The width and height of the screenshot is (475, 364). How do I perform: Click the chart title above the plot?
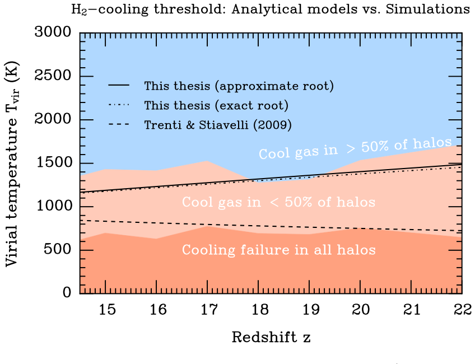click(271, 9)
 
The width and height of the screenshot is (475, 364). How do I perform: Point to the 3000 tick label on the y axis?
click(53, 32)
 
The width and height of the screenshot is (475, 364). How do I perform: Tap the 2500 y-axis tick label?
click(53, 76)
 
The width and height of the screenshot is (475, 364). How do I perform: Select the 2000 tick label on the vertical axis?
click(53, 119)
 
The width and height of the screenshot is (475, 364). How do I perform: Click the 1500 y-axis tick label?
click(54, 162)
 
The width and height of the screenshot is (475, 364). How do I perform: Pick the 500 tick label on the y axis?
click(58, 250)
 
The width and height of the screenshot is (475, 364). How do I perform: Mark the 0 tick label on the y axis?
click(67, 292)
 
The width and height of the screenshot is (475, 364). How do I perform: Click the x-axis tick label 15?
click(107, 310)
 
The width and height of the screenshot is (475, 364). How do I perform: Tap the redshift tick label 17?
click(209, 310)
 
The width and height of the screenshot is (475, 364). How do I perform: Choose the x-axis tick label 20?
click(361, 310)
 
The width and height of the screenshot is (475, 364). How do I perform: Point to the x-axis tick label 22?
click(463, 310)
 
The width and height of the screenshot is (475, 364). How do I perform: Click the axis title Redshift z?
click(271, 337)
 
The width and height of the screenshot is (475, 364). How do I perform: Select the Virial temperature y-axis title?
click(12, 164)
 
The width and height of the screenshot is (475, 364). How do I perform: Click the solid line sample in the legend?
click(119, 85)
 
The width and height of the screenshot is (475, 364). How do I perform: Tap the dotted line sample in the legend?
click(119, 105)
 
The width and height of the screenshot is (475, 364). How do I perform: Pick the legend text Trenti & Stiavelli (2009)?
click(218, 125)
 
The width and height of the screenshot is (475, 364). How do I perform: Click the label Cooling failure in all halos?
click(279, 250)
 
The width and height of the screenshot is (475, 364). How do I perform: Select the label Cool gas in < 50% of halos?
click(279, 202)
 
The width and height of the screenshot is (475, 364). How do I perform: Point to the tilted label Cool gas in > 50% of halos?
click(355, 148)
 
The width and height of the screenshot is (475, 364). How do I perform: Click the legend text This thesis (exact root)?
click(216, 105)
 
